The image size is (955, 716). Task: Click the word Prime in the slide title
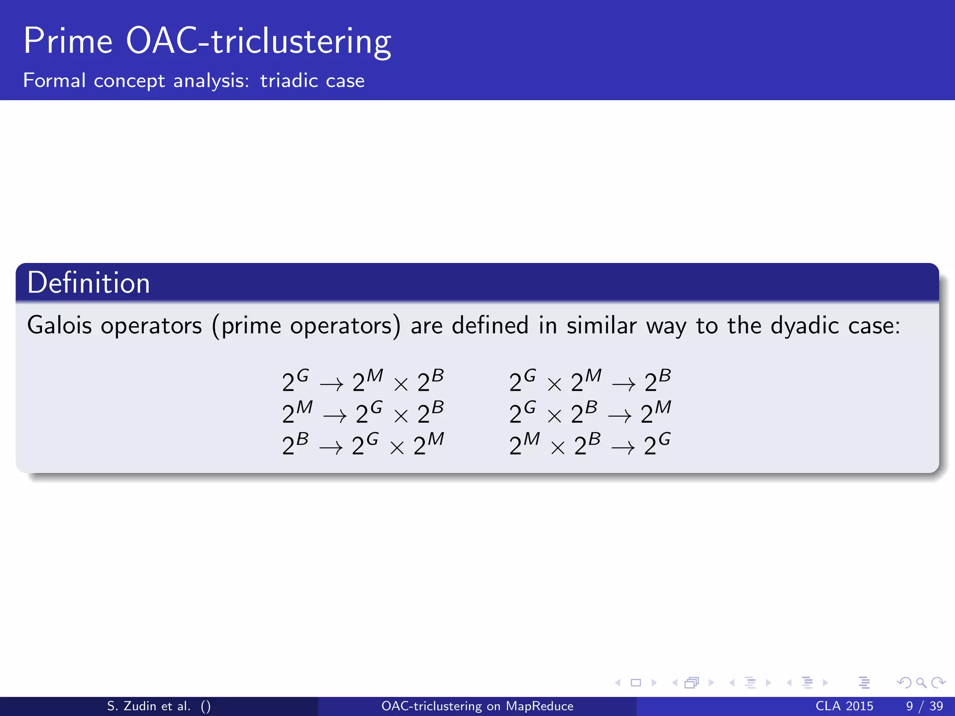tap(68, 42)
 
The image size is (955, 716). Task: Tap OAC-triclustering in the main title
tap(258, 42)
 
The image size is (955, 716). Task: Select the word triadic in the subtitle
tap(289, 81)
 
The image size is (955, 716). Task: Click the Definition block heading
tap(89, 283)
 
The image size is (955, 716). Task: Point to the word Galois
tap(59, 325)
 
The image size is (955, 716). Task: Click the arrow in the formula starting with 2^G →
tap(331, 385)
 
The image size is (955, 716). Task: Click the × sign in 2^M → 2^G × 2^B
tap(401, 416)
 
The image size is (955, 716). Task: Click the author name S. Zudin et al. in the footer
tap(149, 706)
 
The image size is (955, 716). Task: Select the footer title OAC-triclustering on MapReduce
tap(477, 706)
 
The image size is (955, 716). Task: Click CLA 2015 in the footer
tap(844, 706)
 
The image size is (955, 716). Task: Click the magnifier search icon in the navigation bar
tap(921, 683)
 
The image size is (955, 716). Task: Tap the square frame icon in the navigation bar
tap(636, 683)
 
